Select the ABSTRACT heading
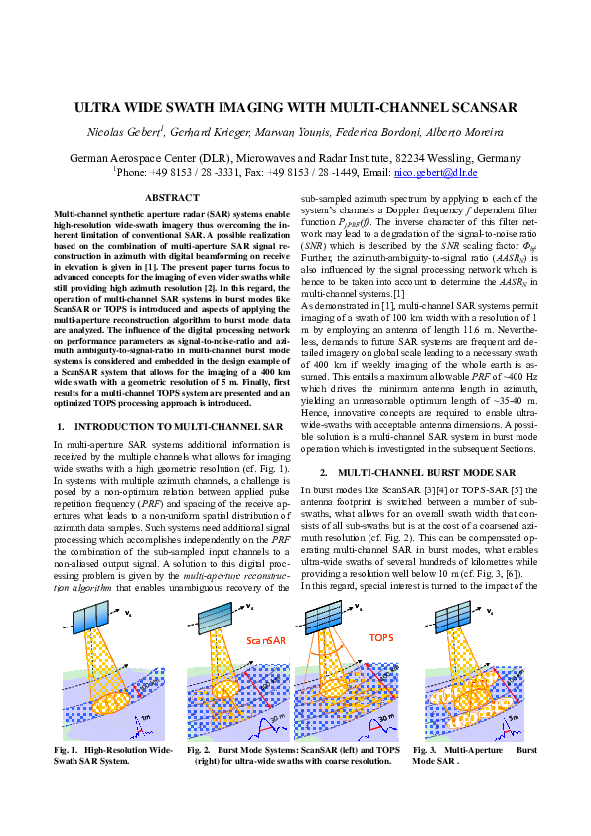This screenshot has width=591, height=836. (172, 199)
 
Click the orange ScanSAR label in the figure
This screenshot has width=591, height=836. (266, 642)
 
